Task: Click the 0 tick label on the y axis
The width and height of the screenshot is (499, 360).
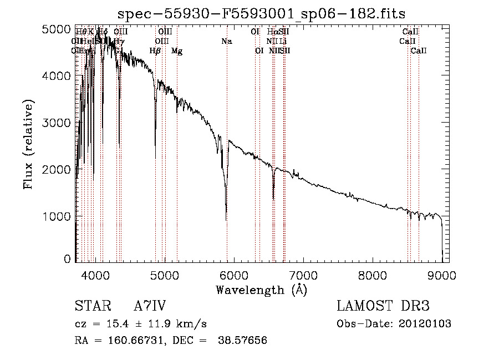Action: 67,258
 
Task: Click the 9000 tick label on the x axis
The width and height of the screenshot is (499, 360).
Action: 442,275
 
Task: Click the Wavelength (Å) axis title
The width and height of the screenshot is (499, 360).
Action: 261,290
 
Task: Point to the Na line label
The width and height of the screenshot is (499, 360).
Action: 226,41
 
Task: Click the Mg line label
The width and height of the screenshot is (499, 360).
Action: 177,51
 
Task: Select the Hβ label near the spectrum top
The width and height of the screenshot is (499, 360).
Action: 155,51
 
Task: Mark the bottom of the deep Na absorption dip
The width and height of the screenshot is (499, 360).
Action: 226,220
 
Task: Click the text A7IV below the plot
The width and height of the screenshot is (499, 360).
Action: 150,306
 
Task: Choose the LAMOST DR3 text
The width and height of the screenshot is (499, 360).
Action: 383,306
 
